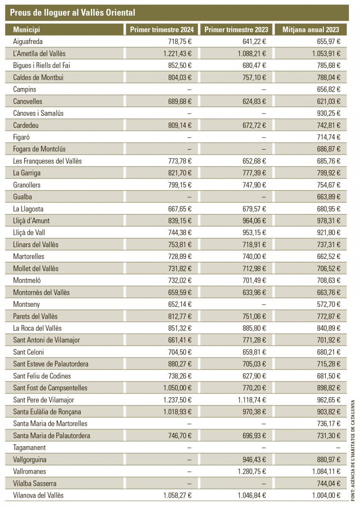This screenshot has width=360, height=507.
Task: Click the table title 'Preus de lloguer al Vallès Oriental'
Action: coord(72,13)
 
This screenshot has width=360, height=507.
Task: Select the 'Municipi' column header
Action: coord(27,30)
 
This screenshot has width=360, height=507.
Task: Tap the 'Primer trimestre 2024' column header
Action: coord(162,30)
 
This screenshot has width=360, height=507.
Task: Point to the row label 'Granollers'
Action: coord(28,185)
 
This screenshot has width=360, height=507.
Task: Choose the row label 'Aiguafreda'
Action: coord(28,41)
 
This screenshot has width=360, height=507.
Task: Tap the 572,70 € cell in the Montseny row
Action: coord(329,304)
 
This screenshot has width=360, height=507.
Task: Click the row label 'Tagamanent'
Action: coord(30,447)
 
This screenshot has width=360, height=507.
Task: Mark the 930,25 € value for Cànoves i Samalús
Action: coord(329,113)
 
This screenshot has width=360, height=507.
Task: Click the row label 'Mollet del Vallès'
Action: coord(36,268)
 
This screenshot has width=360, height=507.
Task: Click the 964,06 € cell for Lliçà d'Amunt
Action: coord(252,221)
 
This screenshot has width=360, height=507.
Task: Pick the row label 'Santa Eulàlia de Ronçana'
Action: coord(47,412)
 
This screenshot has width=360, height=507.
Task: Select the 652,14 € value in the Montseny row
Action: coord(177,304)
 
